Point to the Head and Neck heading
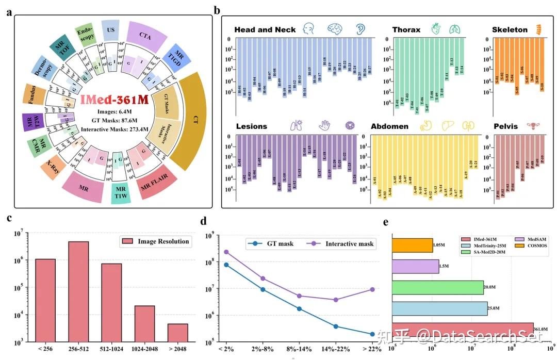[265, 30]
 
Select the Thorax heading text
[406, 30]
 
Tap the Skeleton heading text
[509, 30]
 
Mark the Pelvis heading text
[506, 126]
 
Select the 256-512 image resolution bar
[78, 291]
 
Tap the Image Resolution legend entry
[155, 241]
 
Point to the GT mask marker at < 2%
[226, 265]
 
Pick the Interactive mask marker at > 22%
[372, 289]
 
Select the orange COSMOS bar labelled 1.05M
[412, 246]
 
